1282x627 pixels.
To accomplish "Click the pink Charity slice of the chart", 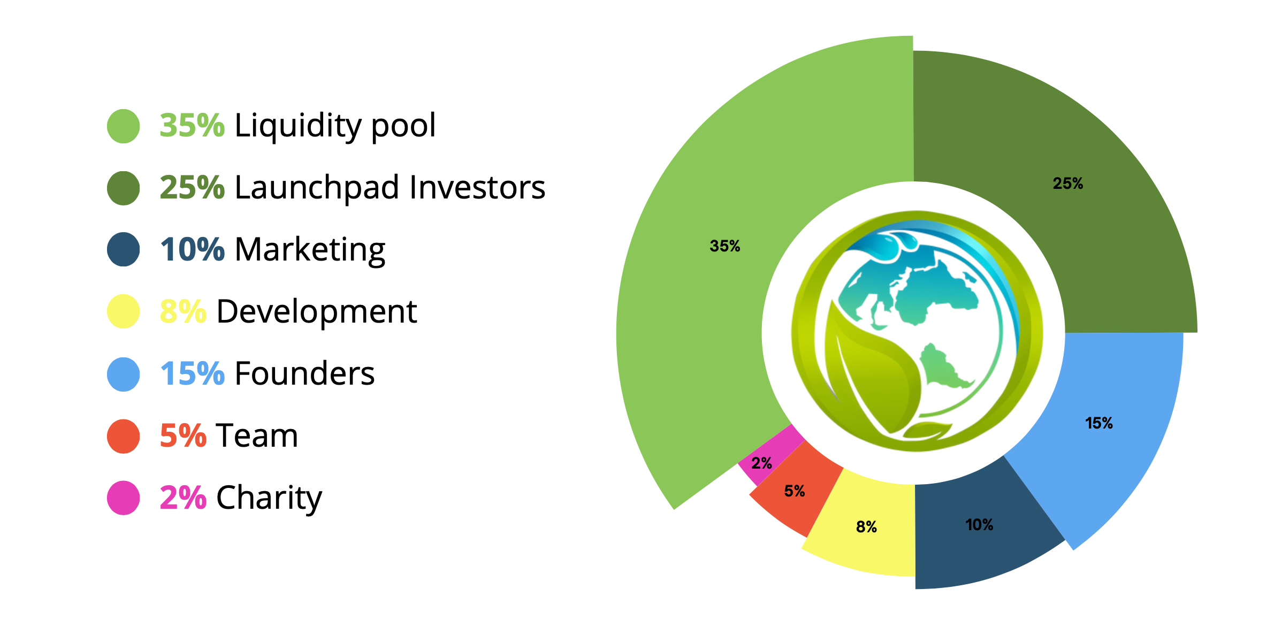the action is (x=771, y=455).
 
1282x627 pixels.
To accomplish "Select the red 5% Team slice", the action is (x=797, y=490).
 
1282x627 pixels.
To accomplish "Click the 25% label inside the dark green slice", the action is (x=1068, y=183).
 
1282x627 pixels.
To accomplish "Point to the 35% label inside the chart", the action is (x=725, y=246).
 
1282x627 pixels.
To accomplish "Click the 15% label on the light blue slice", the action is (x=1099, y=423).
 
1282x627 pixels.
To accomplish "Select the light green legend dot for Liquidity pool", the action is (x=124, y=126).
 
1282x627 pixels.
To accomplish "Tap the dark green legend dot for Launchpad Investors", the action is (x=124, y=188).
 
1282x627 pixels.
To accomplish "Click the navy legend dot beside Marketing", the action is (x=124, y=249).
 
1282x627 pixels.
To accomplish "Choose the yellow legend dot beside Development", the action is (x=124, y=311).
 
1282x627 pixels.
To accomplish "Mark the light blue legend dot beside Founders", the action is (x=124, y=374).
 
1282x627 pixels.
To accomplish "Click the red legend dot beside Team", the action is (x=124, y=437).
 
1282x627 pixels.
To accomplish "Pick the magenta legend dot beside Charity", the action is (x=124, y=498).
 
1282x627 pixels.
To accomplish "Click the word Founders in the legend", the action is (x=305, y=373).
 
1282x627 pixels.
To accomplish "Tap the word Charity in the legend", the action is (x=269, y=499).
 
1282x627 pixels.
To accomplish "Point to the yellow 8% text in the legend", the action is (x=183, y=311).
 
